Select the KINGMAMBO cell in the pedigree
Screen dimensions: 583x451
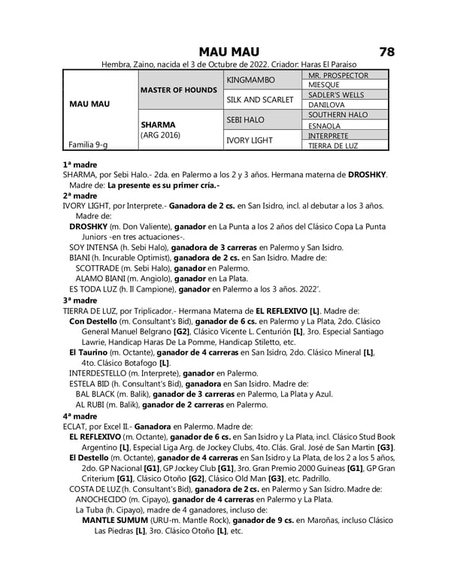[x=251, y=80]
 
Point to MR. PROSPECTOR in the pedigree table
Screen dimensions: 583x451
[x=338, y=75]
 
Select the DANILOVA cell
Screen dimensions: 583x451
[x=327, y=105]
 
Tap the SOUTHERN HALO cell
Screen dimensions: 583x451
[x=338, y=115]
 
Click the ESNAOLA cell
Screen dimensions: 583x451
[x=325, y=125]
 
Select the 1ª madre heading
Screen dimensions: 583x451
[x=80, y=164]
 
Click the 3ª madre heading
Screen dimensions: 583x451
[x=80, y=300]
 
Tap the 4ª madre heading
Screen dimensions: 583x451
[x=80, y=415]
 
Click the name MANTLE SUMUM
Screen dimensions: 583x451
[x=114, y=520]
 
